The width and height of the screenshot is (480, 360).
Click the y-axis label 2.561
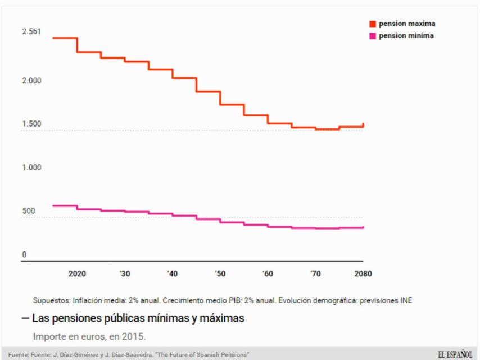tap(31, 31)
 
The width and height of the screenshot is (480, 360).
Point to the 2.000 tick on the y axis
tap(31, 80)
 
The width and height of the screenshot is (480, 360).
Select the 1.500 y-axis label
tap(31, 124)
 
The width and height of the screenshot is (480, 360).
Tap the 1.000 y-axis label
tap(31, 168)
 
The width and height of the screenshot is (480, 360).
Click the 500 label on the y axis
tap(28, 211)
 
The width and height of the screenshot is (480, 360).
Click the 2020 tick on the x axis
tap(77, 274)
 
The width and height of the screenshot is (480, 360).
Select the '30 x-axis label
tap(125, 274)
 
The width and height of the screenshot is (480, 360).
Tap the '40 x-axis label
tap(173, 274)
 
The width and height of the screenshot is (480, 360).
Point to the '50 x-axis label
tap(220, 274)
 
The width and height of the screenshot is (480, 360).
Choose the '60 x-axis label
tap(268, 274)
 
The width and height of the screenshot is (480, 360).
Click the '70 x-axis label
tap(316, 274)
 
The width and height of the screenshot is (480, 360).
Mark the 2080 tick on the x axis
tap(363, 274)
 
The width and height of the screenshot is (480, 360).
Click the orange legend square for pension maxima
tap(372, 24)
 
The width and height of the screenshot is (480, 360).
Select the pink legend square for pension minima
tap(372, 36)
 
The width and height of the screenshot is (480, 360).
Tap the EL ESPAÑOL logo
tap(455, 354)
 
